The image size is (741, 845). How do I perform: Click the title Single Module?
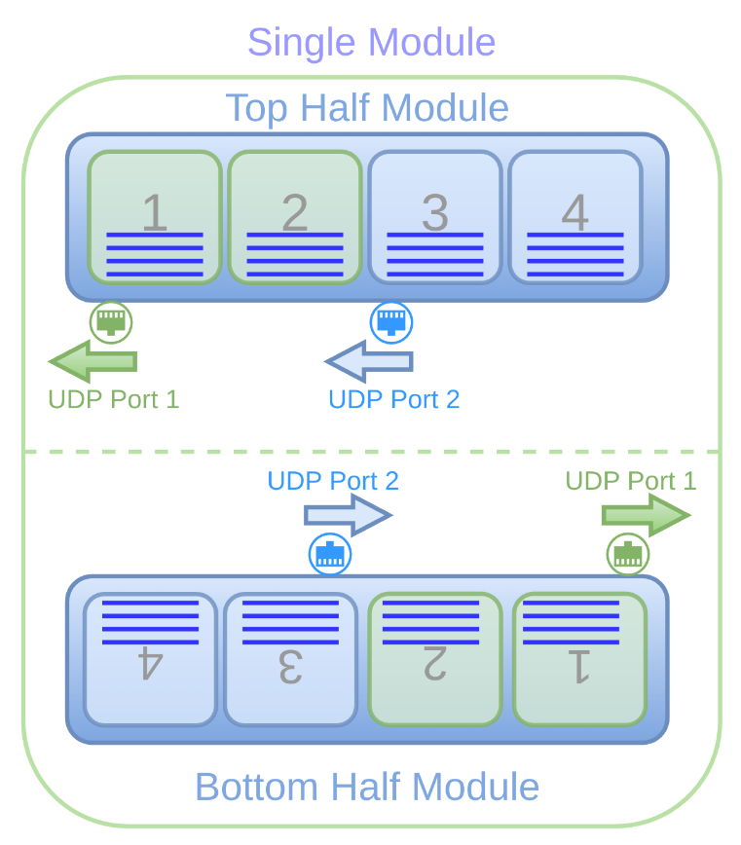click(x=371, y=43)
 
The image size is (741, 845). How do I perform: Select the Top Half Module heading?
click(x=367, y=107)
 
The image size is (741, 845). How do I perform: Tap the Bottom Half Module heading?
click(x=367, y=787)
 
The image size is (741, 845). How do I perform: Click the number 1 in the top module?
click(x=154, y=212)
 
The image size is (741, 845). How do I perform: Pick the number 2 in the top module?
click(x=294, y=212)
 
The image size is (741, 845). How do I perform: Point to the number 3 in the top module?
click(x=434, y=212)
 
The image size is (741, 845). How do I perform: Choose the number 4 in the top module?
click(x=574, y=212)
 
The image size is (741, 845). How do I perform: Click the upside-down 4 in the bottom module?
click(x=149, y=665)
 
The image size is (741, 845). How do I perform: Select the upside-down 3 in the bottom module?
click(x=289, y=665)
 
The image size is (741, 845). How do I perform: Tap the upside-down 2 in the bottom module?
click(x=433, y=665)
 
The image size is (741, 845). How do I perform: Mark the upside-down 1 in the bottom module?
click(x=578, y=665)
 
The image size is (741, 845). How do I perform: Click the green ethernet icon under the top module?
click(x=111, y=321)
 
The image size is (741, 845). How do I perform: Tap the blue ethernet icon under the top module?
click(x=391, y=321)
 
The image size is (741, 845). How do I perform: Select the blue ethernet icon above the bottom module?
click(x=330, y=554)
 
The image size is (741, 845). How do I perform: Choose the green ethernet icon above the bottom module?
click(x=628, y=554)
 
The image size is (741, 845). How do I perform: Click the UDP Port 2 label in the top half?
click(x=393, y=399)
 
